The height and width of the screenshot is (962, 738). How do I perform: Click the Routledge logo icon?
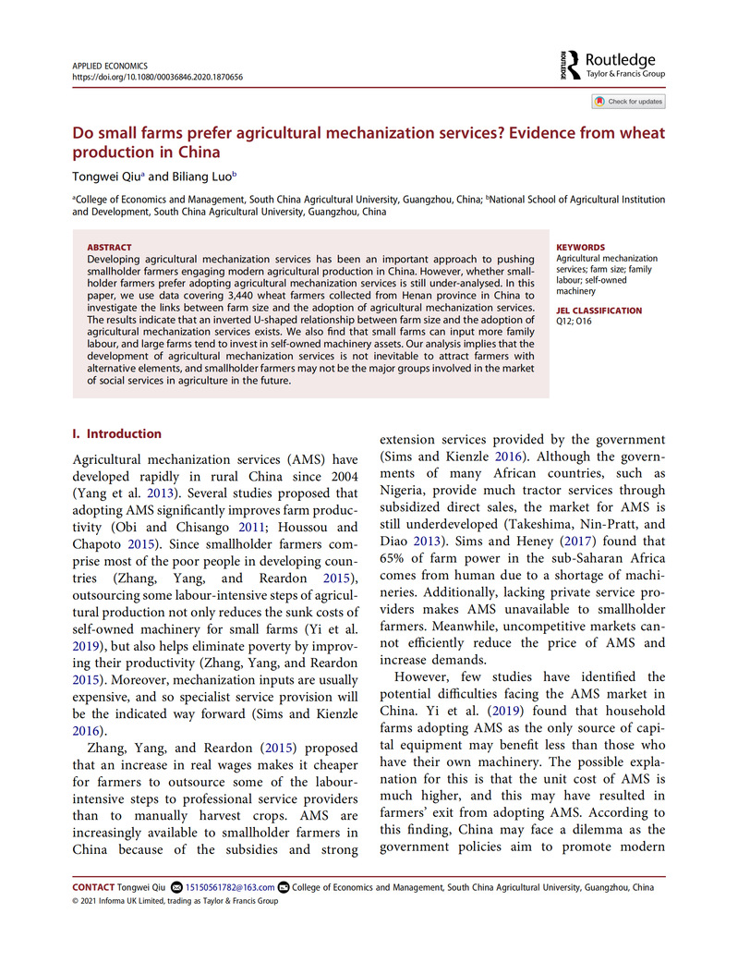[x=565, y=64]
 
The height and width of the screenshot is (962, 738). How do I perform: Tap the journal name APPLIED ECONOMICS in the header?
[x=109, y=66]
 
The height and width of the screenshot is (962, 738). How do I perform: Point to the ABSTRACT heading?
[x=109, y=248]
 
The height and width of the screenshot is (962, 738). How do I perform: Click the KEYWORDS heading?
[x=581, y=248]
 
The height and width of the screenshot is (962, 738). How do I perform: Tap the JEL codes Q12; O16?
[x=576, y=321]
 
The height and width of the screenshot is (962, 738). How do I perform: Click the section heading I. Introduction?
[x=116, y=433]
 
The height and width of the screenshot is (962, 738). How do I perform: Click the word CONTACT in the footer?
[x=93, y=887]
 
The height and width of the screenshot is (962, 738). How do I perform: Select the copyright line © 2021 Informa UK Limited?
[x=175, y=900]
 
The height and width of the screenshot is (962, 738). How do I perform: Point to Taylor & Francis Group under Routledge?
[x=625, y=72]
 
